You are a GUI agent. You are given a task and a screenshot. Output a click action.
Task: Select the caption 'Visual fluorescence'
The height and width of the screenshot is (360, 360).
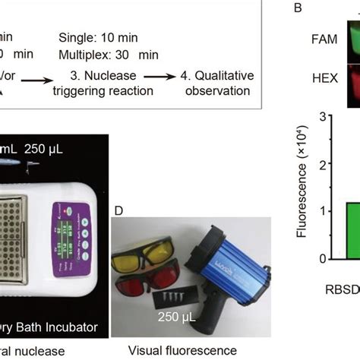[x=183, y=349]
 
